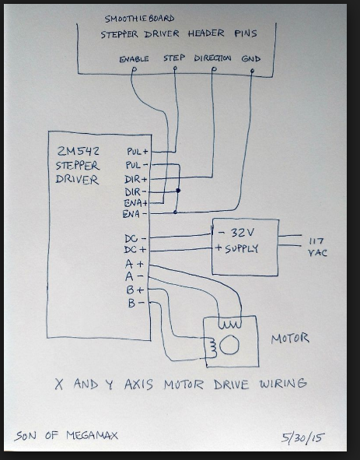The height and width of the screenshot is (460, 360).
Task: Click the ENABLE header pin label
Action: [134, 59]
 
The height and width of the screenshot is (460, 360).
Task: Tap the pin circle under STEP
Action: [175, 68]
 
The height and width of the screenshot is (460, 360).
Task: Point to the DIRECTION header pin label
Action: [212, 58]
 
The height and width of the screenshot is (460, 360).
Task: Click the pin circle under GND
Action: [253, 71]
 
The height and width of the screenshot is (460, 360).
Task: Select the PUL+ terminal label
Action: [138, 151]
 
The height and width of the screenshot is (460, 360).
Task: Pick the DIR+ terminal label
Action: [136, 179]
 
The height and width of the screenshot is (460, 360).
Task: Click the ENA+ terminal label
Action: [135, 203]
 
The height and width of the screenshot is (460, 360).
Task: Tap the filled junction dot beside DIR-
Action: [178, 191]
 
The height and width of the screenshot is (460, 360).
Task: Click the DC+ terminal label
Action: [135, 250]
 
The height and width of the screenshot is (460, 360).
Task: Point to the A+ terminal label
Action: [135, 264]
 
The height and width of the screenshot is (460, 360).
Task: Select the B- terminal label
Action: [136, 303]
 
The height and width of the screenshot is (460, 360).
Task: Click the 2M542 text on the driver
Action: [78, 151]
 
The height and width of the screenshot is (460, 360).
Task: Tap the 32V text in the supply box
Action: [243, 233]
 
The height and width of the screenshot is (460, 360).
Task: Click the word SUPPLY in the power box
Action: [242, 249]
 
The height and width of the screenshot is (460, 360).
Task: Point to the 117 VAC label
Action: [317, 247]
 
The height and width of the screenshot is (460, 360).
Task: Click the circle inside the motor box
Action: [229, 345]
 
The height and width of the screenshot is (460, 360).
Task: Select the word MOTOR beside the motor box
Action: [290, 339]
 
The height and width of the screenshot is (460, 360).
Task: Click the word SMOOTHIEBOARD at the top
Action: [139, 19]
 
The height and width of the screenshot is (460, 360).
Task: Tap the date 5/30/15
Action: [303, 437]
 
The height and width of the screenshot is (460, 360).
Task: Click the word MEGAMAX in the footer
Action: [92, 435]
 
